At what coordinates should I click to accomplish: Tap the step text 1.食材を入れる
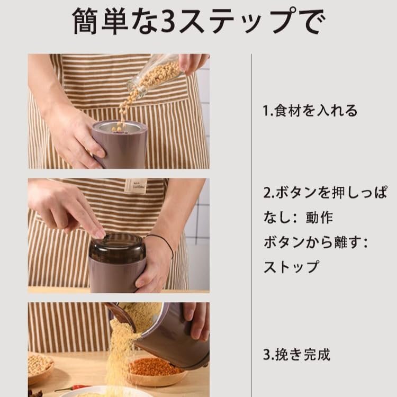pyautogui.click(x=310, y=111)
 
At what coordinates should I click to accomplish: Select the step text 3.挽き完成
pyautogui.click(x=297, y=355)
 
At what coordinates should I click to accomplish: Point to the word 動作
pyautogui.click(x=319, y=218)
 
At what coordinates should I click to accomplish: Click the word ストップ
pyautogui.click(x=291, y=267)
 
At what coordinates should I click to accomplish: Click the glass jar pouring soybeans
pyautogui.click(x=155, y=75)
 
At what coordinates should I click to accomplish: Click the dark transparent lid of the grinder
pyautogui.click(x=118, y=248)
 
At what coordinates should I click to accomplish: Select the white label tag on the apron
pyautogui.click(x=137, y=186)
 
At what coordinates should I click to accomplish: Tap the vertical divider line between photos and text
pyautogui.click(x=251, y=225)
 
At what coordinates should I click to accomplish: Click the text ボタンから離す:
pyautogui.click(x=315, y=242)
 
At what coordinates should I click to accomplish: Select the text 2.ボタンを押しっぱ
pyautogui.click(x=326, y=193)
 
